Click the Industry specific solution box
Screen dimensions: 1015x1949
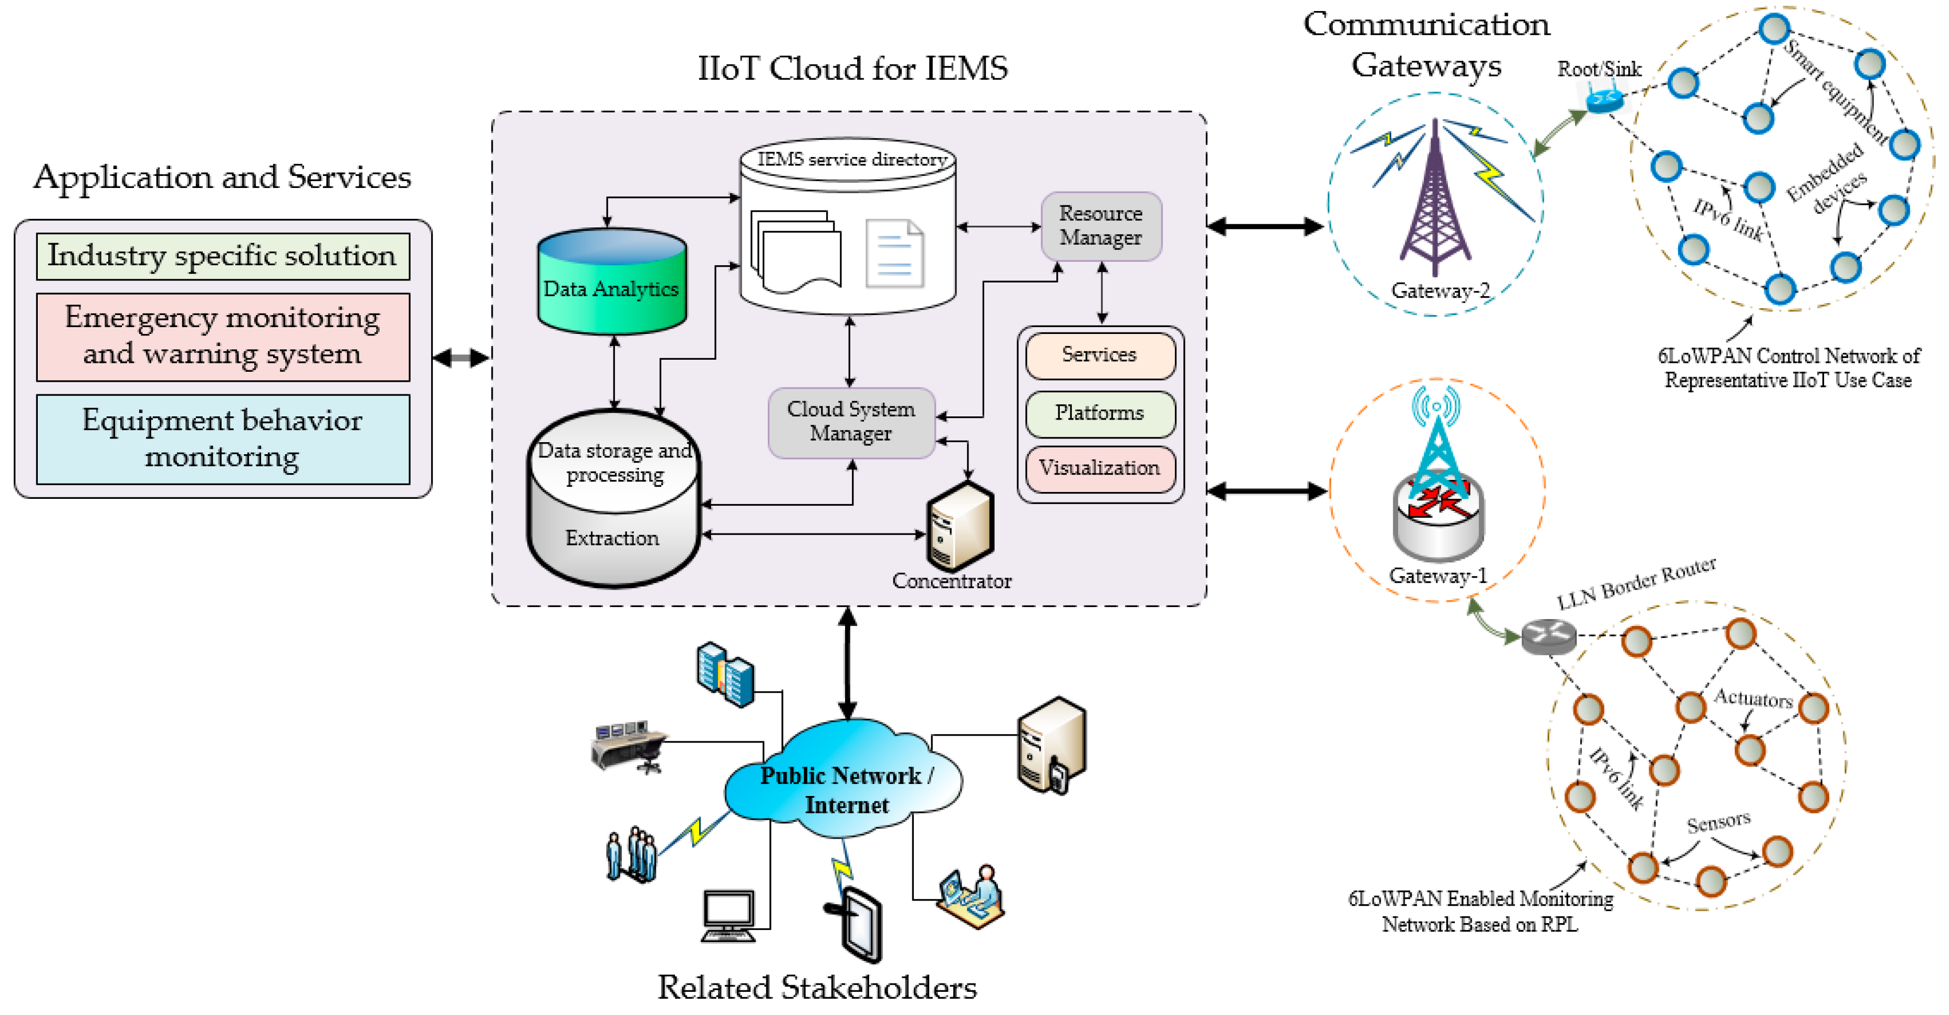click(x=223, y=256)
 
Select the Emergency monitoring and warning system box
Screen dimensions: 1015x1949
click(x=223, y=337)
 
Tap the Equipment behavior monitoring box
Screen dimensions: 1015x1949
click(x=223, y=438)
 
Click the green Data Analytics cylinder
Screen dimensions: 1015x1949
click(x=611, y=284)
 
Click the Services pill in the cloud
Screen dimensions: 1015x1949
click(x=1099, y=355)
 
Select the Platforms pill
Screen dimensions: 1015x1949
click(x=1099, y=413)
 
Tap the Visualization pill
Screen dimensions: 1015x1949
click(x=1099, y=469)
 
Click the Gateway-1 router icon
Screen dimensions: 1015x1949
click(x=1437, y=514)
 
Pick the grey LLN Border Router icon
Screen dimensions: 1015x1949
click(x=1548, y=636)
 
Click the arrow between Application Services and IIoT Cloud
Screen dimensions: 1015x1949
click(x=462, y=358)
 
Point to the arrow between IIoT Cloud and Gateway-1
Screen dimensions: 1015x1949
click(x=1267, y=491)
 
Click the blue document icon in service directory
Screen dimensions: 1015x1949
click(x=894, y=254)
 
